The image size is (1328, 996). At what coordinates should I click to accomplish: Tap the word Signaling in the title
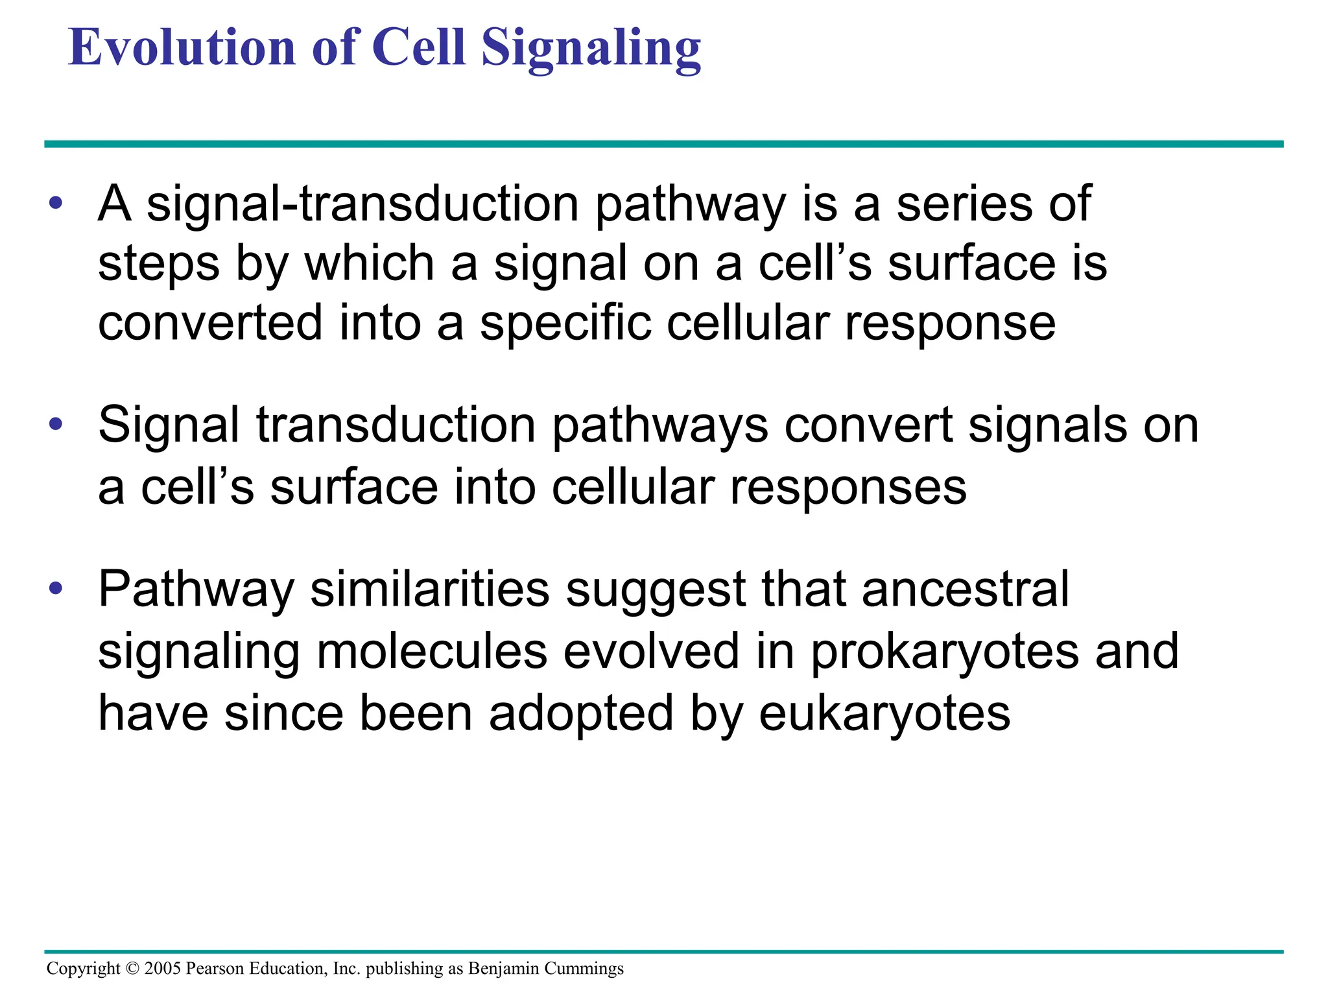pos(591,49)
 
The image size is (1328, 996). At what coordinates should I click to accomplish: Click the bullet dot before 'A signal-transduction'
pos(56,203)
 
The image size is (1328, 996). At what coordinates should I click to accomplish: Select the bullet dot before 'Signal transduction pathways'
pos(56,425)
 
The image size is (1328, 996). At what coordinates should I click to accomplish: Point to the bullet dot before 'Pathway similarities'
pos(56,589)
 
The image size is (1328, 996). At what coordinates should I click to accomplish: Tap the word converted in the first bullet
pos(210,323)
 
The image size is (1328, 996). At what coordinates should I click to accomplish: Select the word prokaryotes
pos(945,652)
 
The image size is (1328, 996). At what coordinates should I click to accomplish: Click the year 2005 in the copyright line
pos(162,968)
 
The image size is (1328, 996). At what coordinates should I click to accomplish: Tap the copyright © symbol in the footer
pos(132,968)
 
